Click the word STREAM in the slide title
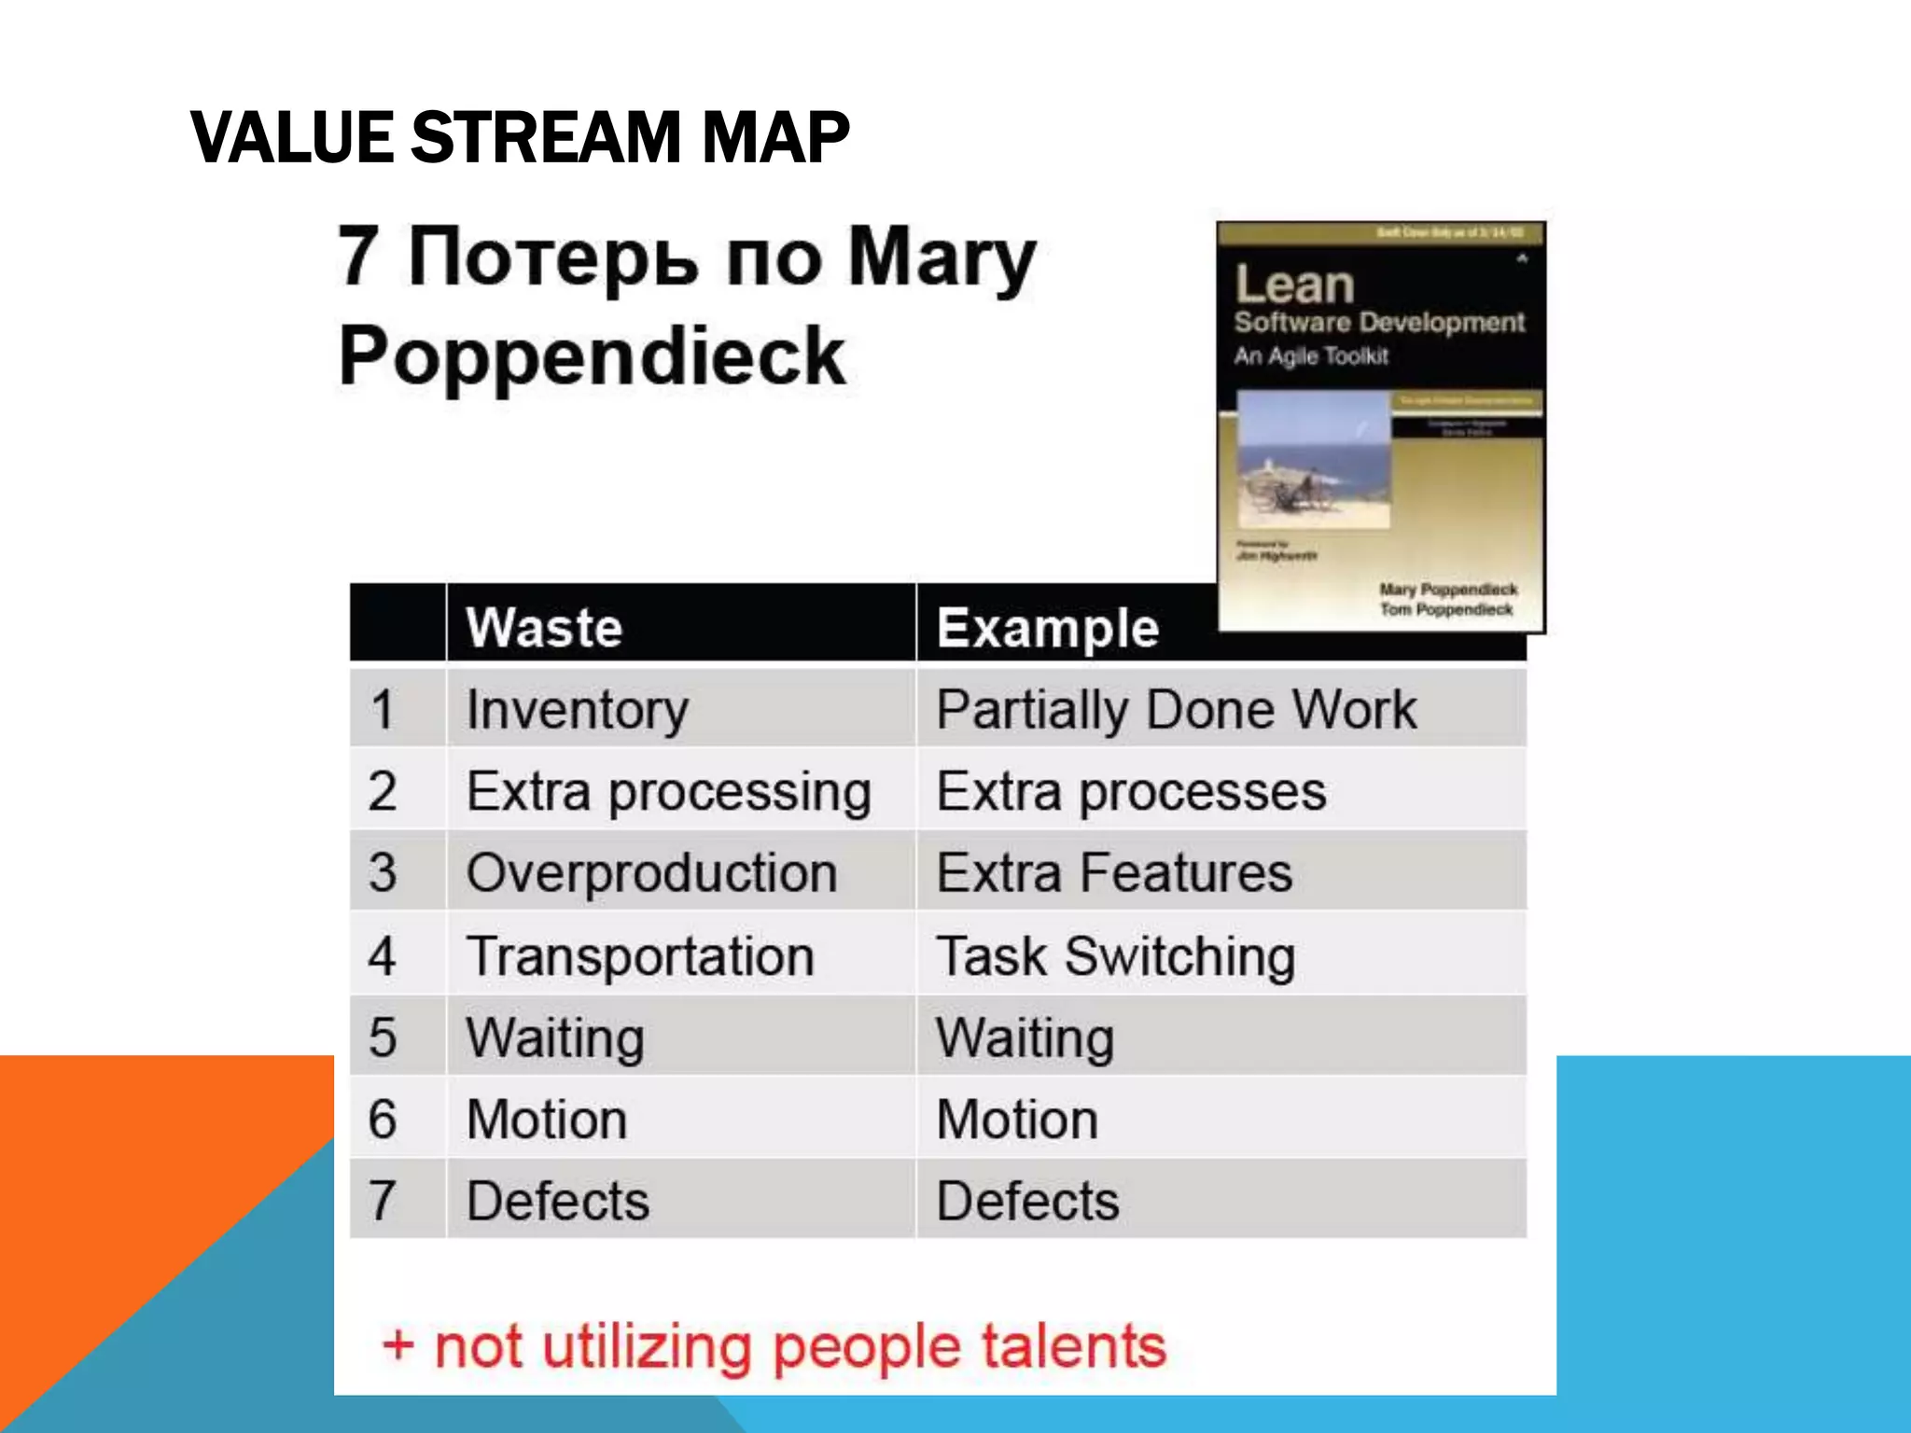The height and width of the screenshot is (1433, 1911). pos(546,137)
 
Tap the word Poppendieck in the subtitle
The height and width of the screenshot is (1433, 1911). pos(593,356)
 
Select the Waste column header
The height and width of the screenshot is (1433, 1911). pos(544,627)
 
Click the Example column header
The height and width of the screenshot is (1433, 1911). pos(1047,627)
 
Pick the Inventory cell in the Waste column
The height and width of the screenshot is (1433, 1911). pos(578,710)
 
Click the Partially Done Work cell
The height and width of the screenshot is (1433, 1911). pos(1176,710)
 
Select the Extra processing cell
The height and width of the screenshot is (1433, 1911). pos(669,792)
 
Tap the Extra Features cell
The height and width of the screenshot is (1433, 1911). pos(1114,873)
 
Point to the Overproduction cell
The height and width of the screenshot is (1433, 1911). pos(651,873)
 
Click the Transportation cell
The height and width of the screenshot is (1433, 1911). pos(640,956)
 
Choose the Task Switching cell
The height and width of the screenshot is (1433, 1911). pos(1116,956)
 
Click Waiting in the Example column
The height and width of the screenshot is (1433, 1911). pos(1025,1038)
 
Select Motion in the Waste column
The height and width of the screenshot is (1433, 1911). pos(547,1120)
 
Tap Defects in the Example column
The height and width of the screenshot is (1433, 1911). pos(1027,1201)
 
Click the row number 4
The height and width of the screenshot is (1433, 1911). pos(382,956)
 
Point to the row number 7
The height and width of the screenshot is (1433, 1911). pos(382,1201)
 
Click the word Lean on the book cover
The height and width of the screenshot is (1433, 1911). pos(1294,284)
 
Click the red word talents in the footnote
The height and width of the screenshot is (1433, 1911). pos(1073,1346)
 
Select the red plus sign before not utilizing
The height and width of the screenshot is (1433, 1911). pos(398,1346)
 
